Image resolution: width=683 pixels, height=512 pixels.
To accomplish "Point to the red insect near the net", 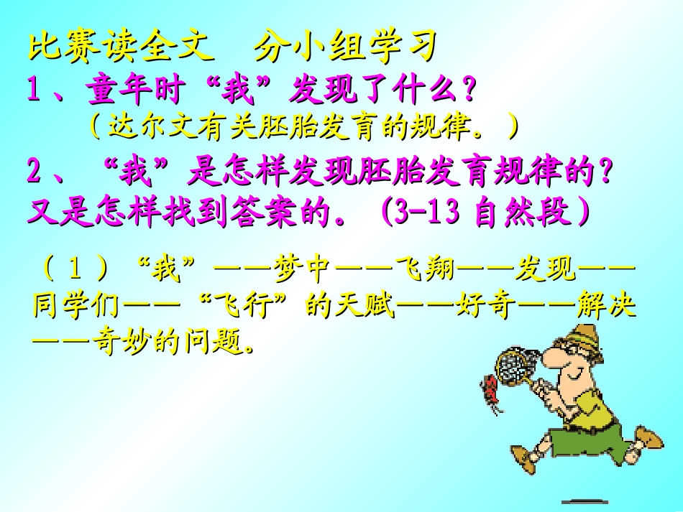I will click(x=492, y=391).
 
